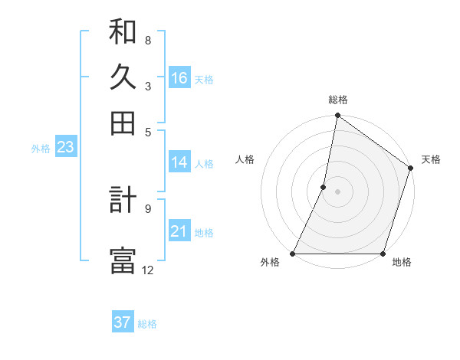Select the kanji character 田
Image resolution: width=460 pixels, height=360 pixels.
(123, 122)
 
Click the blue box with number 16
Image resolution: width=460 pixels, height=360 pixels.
(179, 78)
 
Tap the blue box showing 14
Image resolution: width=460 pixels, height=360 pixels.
(179, 162)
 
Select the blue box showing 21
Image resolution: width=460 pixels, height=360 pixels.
(179, 232)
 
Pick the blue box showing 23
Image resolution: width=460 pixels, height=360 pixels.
(65, 148)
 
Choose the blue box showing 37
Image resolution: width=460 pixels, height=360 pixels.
(123, 322)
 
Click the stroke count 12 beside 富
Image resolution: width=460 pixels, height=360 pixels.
(148, 270)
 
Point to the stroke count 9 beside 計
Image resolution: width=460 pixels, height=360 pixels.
(148, 207)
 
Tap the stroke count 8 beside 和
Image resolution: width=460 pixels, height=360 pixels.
(148, 40)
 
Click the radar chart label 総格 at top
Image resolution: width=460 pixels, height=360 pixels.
(338, 100)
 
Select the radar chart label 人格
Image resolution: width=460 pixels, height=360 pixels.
(245, 159)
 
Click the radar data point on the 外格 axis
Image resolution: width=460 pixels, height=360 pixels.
(293, 254)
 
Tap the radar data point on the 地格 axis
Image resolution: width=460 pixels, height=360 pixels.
(383, 254)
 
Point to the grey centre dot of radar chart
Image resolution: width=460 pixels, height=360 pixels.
(338, 191)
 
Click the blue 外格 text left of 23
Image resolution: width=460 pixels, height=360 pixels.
(41, 149)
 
